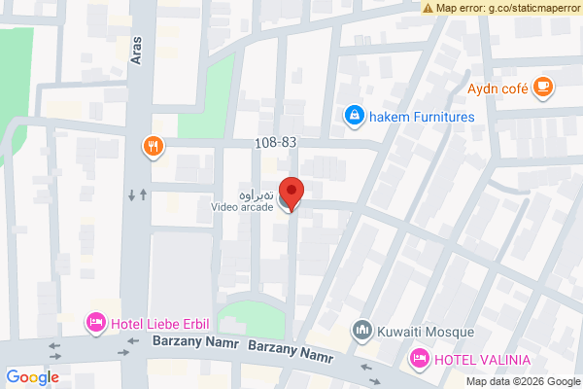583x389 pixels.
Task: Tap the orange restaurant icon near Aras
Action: click(154, 148)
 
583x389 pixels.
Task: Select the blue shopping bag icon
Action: click(354, 117)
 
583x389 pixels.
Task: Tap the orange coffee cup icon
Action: click(543, 88)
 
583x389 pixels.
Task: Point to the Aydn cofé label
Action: click(497, 88)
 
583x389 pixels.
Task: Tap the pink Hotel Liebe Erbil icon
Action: click(95, 322)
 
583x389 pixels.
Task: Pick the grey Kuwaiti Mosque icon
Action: click(362, 331)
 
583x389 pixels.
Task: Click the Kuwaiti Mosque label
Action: click(426, 331)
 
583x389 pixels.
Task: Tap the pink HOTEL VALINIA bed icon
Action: click(420, 359)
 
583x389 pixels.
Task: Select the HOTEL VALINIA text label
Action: click(483, 359)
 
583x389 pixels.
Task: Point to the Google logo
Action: click(33, 377)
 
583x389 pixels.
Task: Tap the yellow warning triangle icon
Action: click(429, 8)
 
